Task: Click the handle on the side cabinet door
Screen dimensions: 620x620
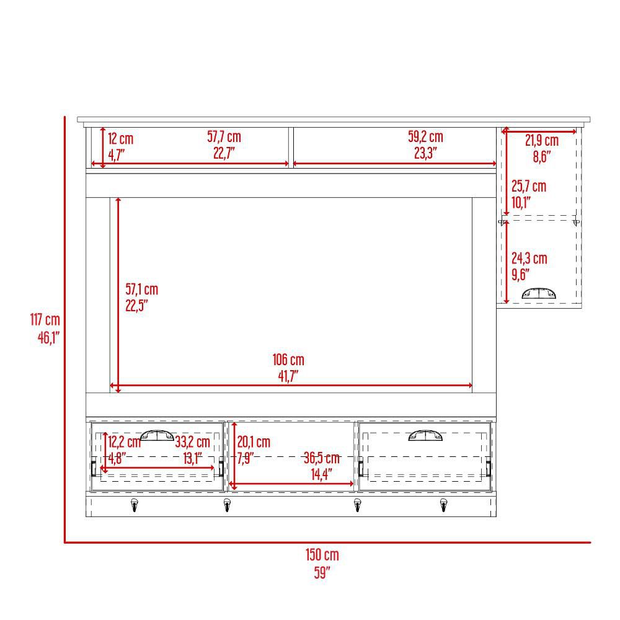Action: click(x=539, y=293)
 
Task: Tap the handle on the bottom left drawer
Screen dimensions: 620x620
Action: click(x=157, y=435)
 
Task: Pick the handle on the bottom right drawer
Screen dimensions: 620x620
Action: click(x=425, y=435)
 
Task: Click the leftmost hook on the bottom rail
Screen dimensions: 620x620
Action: click(x=135, y=505)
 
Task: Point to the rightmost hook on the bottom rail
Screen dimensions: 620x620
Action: click(x=444, y=505)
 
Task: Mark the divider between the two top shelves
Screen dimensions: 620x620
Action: click(x=291, y=148)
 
